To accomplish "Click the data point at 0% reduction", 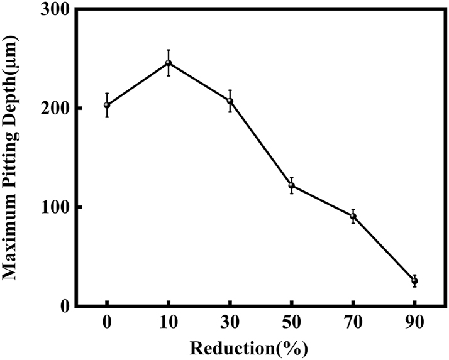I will point(107,105).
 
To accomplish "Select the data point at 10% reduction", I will point(169,63).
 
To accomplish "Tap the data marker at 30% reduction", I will point(230,101).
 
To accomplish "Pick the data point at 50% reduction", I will point(291,185).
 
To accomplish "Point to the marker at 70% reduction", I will point(353,217).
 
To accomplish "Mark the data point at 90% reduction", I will point(414,281).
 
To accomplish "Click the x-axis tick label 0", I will point(107,323).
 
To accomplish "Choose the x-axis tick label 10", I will point(169,323).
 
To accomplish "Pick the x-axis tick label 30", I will point(230,323).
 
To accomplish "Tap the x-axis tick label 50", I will point(291,323).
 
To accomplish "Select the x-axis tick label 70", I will point(353,323).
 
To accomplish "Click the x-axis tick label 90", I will point(414,323).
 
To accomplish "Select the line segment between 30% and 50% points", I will point(261,143).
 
